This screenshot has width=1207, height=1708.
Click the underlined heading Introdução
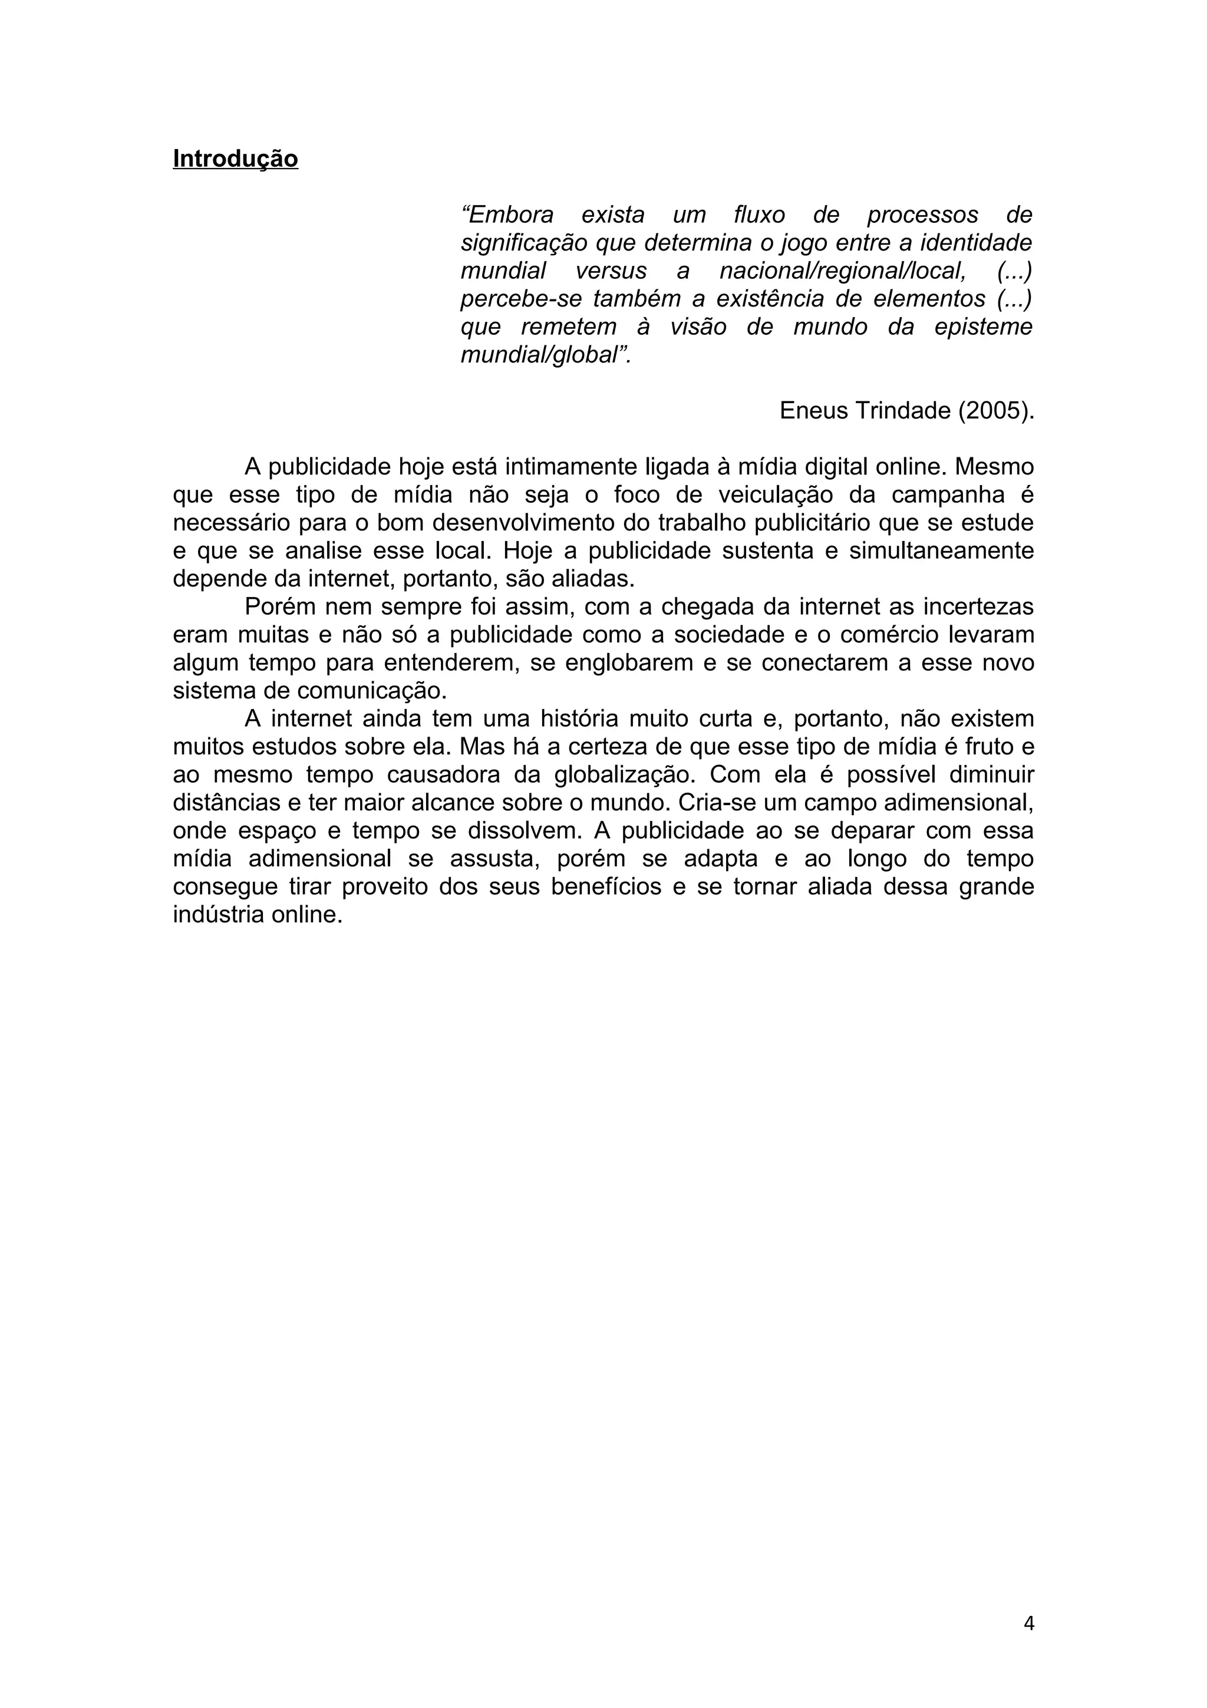(x=235, y=159)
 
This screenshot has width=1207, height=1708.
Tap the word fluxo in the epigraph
(x=759, y=215)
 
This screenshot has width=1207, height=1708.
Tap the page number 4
(x=1028, y=1623)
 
